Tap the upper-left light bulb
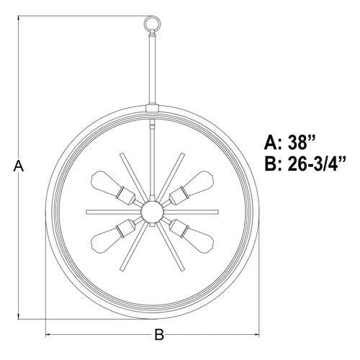coord(106,183)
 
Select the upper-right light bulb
coord(199,183)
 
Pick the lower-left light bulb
coord(106,240)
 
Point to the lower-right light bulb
coord(199,240)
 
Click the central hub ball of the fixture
coord(153,212)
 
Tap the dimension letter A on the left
coord(19,166)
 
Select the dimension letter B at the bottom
coord(159,334)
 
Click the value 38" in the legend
coord(301,142)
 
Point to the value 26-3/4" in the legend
coord(317,164)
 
